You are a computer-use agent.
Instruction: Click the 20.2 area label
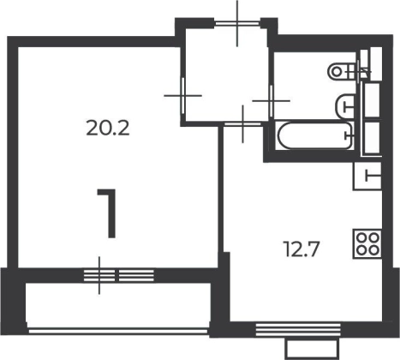click(108, 129)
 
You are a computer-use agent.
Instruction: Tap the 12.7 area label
click(301, 249)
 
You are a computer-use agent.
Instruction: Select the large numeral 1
click(108, 213)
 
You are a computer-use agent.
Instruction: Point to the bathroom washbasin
click(345, 106)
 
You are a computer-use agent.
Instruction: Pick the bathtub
click(315, 135)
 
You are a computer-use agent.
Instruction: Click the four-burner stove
click(367, 243)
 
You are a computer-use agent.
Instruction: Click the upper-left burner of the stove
click(361, 237)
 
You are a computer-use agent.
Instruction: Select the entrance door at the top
click(237, 23)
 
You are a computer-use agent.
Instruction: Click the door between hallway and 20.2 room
click(183, 96)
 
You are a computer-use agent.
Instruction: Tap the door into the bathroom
click(271, 100)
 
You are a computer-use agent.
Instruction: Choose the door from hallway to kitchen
click(242, 124)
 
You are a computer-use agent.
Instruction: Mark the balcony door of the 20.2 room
click(99, 276)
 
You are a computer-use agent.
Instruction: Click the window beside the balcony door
click(136, 276)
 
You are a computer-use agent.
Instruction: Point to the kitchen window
click(298, 330)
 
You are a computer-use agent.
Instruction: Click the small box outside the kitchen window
click(313, 348)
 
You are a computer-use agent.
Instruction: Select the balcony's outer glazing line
click(118, 331)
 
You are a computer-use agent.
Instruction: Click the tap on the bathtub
click(349, 135)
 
